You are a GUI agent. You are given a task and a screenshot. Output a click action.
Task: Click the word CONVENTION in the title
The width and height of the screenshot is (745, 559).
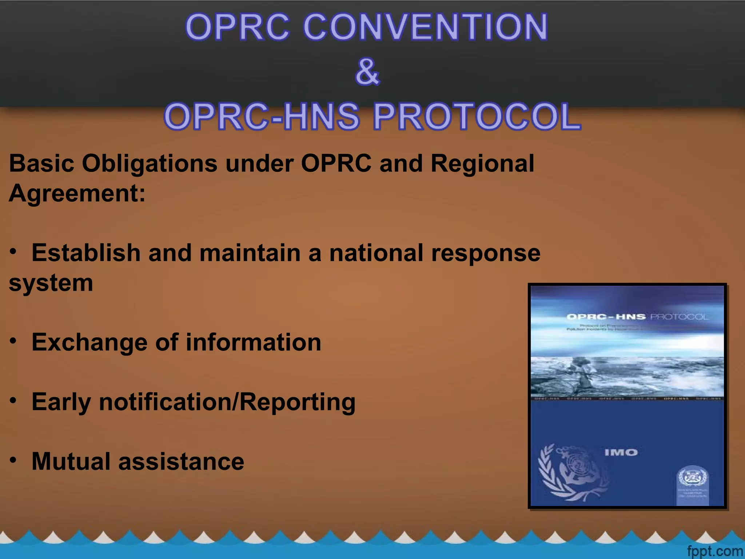pos(425,27)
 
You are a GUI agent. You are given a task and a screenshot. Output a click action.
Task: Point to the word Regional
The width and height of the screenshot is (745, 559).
pos(482,163)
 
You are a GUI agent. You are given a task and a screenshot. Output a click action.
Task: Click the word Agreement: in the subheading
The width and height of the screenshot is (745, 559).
pos(77,193)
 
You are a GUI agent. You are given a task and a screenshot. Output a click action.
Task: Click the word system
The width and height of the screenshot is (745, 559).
pos(51,283)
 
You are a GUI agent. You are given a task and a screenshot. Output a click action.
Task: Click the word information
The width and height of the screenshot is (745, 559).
pos(254,342)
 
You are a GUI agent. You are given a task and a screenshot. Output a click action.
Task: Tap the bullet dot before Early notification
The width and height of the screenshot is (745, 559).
pos(13,401)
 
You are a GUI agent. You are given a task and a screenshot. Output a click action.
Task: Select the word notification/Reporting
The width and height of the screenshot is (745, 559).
pos(227,402)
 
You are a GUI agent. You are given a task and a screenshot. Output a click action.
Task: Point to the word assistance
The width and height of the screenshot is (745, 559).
pos(181,461)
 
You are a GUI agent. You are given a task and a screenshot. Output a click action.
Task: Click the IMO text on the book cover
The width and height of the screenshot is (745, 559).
pos(621,452)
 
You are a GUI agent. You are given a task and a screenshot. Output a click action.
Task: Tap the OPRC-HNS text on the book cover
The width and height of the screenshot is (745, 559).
pos(606,317)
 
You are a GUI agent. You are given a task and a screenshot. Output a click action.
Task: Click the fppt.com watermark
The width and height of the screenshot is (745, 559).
pos(714,551)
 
